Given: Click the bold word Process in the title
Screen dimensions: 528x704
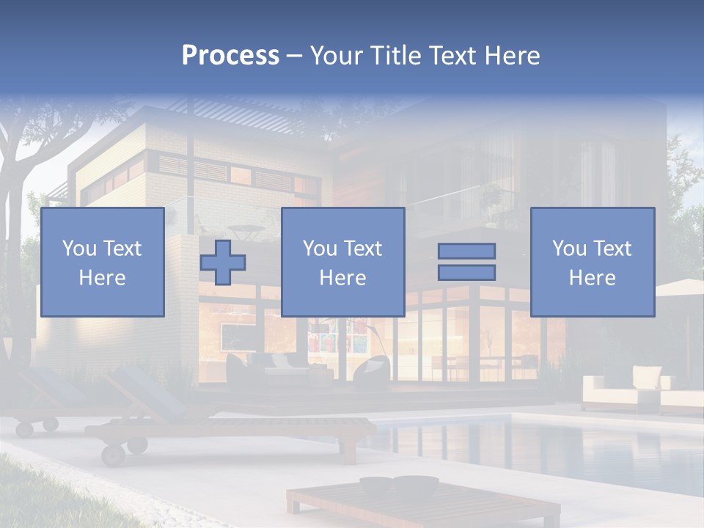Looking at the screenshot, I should (x=230, y=56).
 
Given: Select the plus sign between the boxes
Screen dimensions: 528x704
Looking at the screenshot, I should (x=223, y=263).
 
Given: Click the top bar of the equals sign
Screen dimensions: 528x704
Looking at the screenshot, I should (x=466, y=251).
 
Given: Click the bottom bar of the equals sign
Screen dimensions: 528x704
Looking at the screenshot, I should (x=466, y=273).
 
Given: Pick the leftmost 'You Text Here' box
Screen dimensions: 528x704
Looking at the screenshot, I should (x=102, y=262).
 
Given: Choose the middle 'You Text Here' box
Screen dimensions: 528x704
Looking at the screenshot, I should (x=342, y=262).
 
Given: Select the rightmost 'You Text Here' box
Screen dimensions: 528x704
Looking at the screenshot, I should (x=592, y=262).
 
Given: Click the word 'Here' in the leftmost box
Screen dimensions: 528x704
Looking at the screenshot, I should (x=102, y=278).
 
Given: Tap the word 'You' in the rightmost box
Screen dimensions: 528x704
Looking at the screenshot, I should (x=569, y=249).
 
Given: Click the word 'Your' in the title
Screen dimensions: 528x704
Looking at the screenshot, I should (x=336, y=56).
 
